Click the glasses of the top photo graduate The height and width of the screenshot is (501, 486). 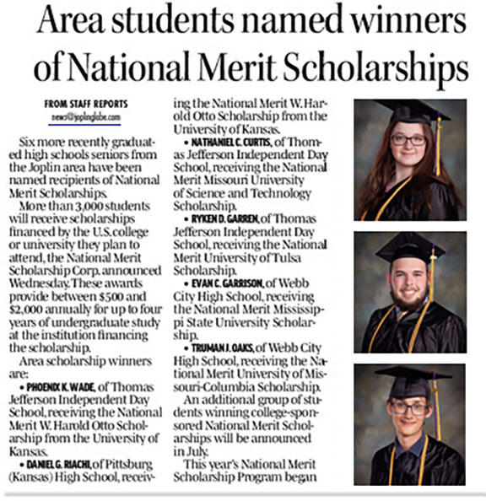(x=407, y=139)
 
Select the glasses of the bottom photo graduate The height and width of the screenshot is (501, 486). (x=410, y=408)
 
